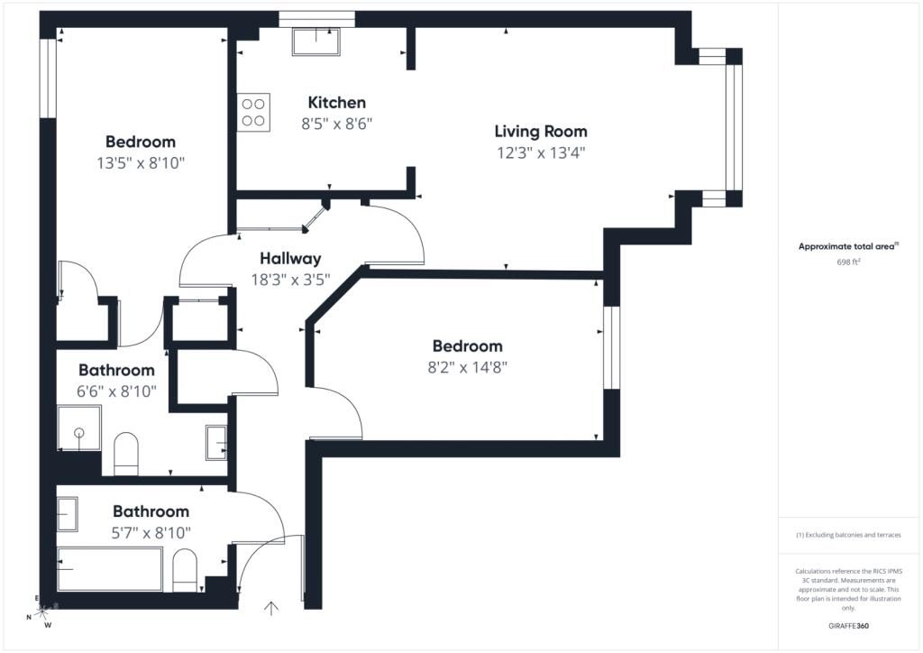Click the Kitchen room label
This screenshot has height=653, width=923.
(x=337, y=103)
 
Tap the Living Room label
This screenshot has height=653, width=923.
(x=541, y=132)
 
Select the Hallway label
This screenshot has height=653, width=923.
(x=290, y=259)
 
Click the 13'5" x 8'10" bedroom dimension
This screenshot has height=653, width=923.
(x=141, y=163)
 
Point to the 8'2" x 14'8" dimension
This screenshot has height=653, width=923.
(x=468, y=367)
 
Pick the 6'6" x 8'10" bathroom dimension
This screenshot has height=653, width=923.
(x=116, y=391)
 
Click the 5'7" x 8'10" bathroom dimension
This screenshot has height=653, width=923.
(x=151, y=533)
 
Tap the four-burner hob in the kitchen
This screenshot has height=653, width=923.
(x=253, y=113)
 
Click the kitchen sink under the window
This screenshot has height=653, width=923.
(x=316, y=41)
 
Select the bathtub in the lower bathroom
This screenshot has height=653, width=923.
(x=109, y=569)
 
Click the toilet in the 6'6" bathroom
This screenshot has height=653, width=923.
(x=125, y=454)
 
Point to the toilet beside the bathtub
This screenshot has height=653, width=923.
(x=185, y=571)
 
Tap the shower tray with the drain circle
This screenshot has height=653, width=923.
(x=79, y=428)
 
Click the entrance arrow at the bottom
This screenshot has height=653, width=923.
(x=271, y=608)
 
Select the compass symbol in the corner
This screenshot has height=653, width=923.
(x=41, y=612)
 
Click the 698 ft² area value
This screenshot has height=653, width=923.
(x=848, y=262)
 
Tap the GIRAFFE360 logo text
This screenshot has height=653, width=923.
(x=848, y=626)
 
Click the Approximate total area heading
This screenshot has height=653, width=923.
(x=848, y=247)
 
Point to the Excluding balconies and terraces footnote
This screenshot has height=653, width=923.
(x=848, y=535)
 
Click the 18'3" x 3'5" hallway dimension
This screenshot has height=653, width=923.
(x=290, y=280)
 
